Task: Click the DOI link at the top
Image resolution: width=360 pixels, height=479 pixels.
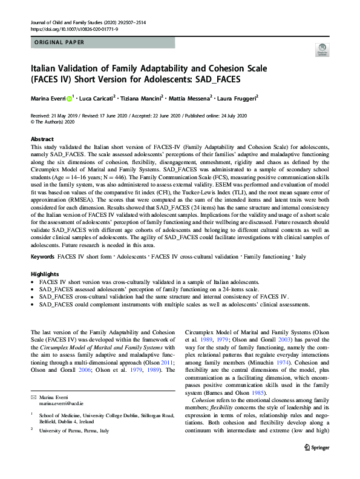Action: pyautogui.click(x=67, y=28)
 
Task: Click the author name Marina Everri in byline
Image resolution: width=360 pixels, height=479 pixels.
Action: pyautogui.click(x=48, y=98)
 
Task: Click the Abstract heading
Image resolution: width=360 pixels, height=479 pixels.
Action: pyautogui.click(x=42, y=139)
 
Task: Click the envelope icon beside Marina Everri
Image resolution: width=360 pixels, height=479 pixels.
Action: pyautogui.click(x=33, y=395)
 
